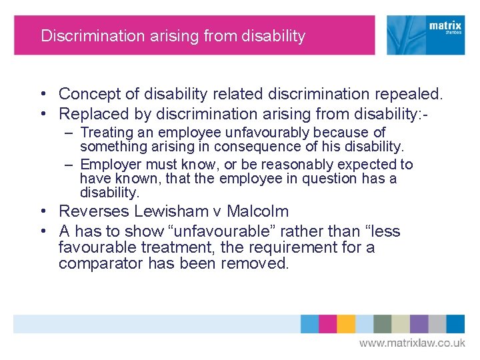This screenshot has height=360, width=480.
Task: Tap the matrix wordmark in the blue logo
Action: click(x=445, y=27)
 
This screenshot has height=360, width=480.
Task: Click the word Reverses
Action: click(x=94, y=212)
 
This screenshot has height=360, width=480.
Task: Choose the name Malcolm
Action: click(x=257, y=212)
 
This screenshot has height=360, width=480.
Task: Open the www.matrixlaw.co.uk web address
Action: click(x=412, y=343)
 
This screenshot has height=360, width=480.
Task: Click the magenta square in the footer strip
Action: click(x=327, y=324)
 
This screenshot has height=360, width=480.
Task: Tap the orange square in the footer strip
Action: click(x=345, y=324)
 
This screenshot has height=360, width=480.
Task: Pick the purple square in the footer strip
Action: click(x=419, y=324)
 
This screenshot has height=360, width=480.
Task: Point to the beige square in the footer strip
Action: click(x=401, y=324)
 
